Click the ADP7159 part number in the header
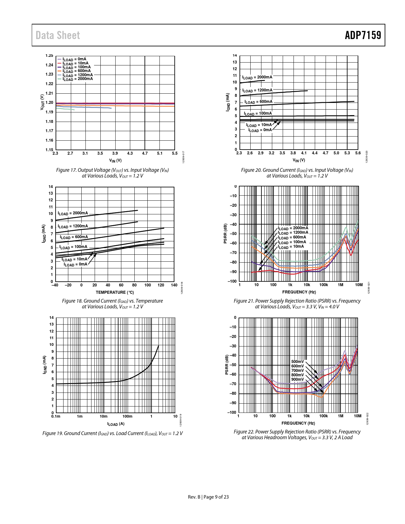click(x=363, y=35)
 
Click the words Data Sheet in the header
click(x=58, y=35)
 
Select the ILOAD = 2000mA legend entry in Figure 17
click(x=78, y=79)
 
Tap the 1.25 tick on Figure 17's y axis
click(x=49, y=56)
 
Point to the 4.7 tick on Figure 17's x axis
click(x=145, y=153)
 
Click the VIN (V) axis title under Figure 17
click(x=115, y=161)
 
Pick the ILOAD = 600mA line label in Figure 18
click(x=74, y=237)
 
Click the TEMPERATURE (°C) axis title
click(x=115, y=292)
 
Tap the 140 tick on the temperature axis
click(x=174, y=285)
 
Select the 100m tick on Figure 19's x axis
click(x=127, y=416)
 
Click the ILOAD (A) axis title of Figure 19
click(x=116, y=424)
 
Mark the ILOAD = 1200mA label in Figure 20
click(x=257, y=91)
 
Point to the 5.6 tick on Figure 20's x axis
click(x=358, y=153)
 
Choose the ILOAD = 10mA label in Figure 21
click(x=291, y=247)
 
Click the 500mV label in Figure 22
click(x=297, y=362)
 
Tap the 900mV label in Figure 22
click(x=297, y=380)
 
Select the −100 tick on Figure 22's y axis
click(x=232, y=413)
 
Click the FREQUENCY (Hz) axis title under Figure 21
click(x=299, y=292)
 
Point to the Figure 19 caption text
click(x=112, y=433)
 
